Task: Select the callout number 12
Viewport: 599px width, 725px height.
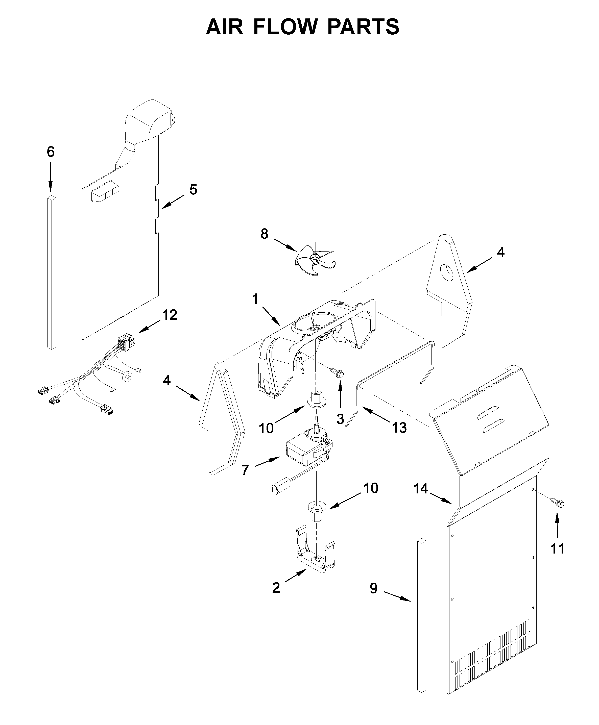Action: coord(170,315)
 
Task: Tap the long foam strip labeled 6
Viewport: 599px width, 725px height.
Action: coord(52,272)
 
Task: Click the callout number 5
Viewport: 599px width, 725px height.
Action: coord(193,189)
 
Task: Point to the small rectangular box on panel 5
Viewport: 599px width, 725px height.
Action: coord(104,195)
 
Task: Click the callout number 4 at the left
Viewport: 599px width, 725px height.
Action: coord(167,381)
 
